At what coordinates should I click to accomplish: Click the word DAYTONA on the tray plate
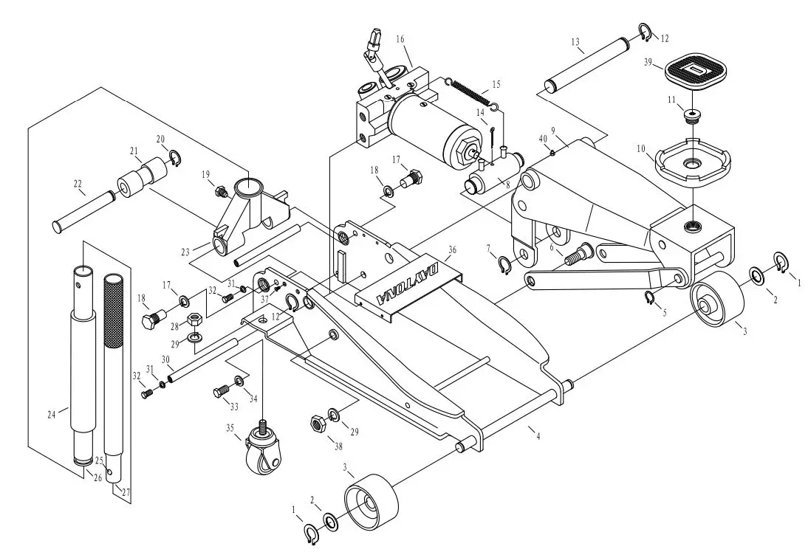pyautogui.click(x=408, y=280)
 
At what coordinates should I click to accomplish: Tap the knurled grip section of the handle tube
pyautogui.click(x=113, y=311)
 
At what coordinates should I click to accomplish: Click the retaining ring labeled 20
pyautogui.click(x=175, y=157)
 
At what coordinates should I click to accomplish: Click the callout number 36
pyautogui.click(x=451, y=250)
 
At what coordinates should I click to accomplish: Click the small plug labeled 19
pyautogui.click(x=219, y=192)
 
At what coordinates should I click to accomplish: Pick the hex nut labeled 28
pyautogui.click(x=195, y=321)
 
